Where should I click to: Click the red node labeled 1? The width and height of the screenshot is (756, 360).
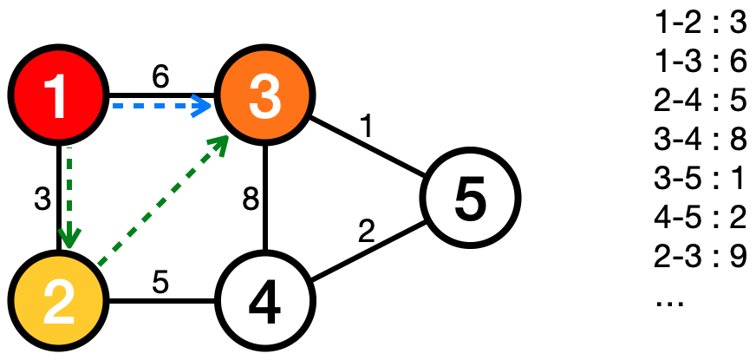pyautogui.click(x=57, y=96)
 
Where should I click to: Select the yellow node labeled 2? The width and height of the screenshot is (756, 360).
pyautogui.click(x=57, y=303)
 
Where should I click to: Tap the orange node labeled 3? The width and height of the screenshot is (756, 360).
pyautogui.click(x=265, y=96)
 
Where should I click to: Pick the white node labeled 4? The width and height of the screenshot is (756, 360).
pyautogui.click(x=265, y=303)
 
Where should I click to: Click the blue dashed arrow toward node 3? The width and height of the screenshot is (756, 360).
pyautogui.click(x=160, y=107)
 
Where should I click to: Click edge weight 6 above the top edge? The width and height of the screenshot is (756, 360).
pyautogui.click(x=160, y=76)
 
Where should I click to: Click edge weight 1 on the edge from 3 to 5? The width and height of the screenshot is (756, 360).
pyautogui.click(x=369, y=128)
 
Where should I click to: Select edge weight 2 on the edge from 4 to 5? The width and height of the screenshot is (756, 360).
pyautogui.click(x=368, y=232)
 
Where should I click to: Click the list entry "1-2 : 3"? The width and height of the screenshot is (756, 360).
pyautogui.click(x=701, y=23)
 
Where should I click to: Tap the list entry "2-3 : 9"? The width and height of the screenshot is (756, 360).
pyautogui.click(x=701, y=258)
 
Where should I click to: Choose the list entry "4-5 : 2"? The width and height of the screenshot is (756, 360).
pyautogui.click(x=701, y=219)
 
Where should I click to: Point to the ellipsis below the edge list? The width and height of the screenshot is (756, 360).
pyautogui.click(x=672, y=302)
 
